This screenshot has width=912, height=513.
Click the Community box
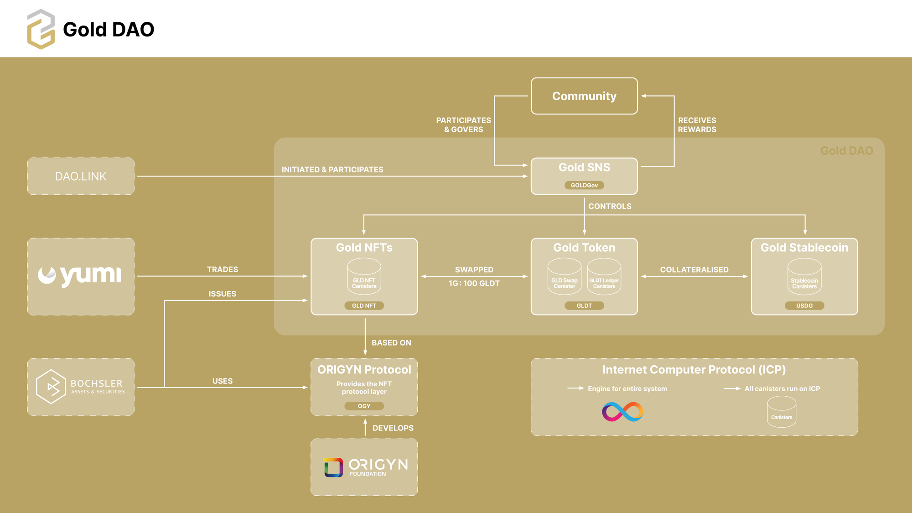[584, 96]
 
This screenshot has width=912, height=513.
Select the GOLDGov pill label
[584, 185]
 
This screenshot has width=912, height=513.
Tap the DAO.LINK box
[81, 176]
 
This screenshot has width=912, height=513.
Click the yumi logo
[80, 275]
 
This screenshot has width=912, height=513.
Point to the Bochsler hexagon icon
[51, 387]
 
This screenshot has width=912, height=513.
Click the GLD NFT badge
[364, 306]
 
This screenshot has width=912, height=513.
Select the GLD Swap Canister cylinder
[565, 276]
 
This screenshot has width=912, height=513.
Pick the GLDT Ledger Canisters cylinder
[604, 276]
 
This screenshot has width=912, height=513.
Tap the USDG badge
[804, 306]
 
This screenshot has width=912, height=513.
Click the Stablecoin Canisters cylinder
[804, 276]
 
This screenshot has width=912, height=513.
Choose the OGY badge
[364, 406]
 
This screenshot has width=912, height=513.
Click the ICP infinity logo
[622, 412]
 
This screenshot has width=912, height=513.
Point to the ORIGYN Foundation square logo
[333, 467]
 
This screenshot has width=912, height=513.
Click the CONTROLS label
[610, 206]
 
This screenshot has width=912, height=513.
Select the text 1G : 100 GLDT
[474, 283]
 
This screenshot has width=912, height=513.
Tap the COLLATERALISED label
[694, 269]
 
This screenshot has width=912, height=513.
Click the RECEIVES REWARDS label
[697, 125]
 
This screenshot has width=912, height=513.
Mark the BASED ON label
[391, 342]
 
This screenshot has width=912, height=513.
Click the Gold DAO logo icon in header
[41, 29]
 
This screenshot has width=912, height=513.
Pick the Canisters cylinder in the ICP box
[782, 412]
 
